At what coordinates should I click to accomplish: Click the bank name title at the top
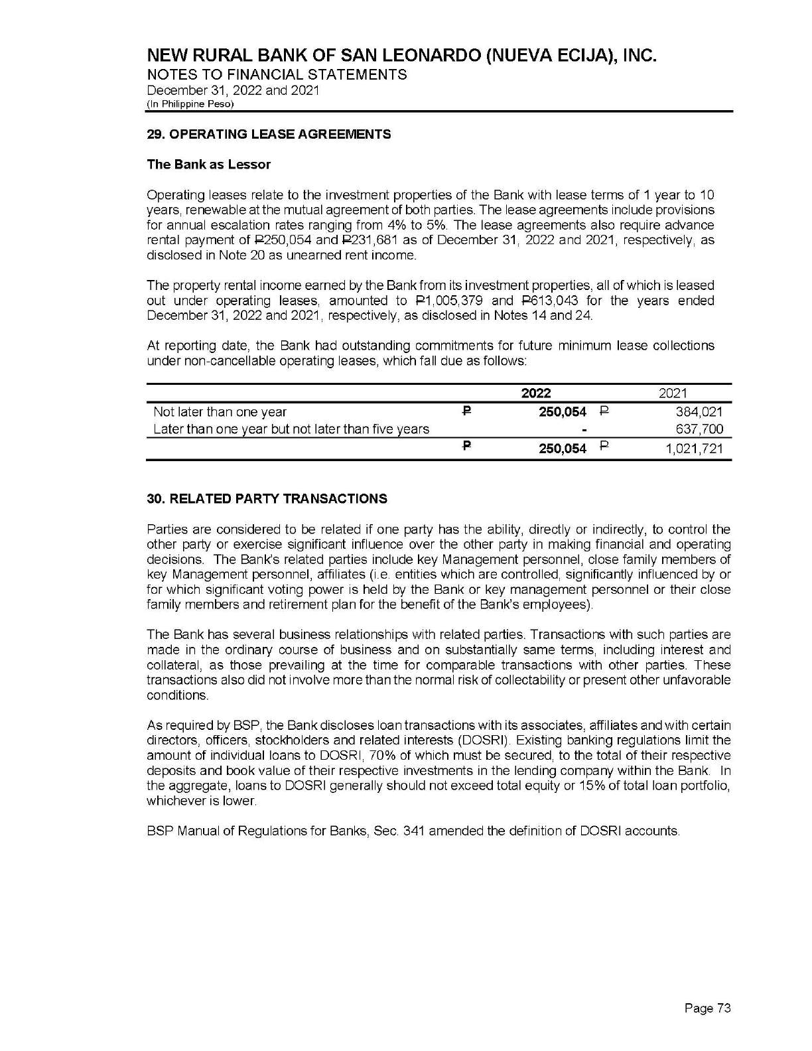point(401,55)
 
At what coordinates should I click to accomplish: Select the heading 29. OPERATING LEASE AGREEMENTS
point(269,135)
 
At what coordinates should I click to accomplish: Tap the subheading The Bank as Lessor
point(208,165)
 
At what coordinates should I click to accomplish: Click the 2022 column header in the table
point(536,393)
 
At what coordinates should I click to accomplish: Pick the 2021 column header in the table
point(673,393)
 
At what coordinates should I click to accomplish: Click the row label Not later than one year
point(220,412)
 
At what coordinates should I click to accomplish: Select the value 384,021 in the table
point(699,412)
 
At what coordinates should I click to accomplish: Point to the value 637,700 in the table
point(699,429)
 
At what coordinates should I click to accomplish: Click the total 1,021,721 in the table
point(693,449)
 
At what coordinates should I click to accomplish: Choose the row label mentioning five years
point(291,429)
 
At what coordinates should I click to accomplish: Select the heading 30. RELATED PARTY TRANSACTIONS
point(267,499)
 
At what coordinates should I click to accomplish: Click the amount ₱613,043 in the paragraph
point(543,301)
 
